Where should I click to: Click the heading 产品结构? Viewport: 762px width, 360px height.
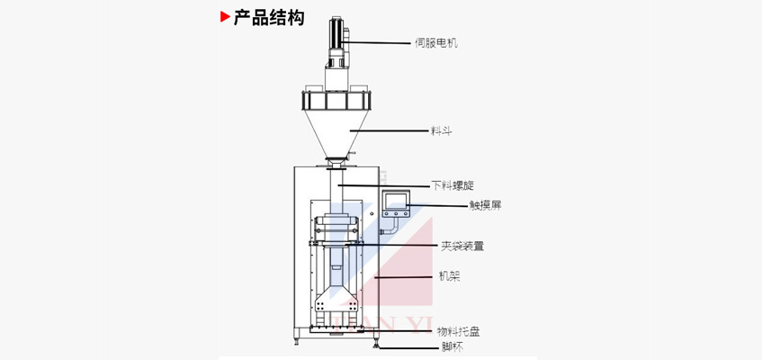(268, 18)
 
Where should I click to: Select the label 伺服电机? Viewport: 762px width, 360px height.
(435, 42)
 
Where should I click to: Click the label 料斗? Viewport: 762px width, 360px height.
(441, 130)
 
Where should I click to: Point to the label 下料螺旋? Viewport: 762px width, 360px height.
(449, 185)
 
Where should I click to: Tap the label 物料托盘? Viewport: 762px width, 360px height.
(458, 332)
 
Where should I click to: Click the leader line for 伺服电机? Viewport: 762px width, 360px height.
(378, 42)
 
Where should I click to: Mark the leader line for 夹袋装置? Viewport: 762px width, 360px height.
(396, 244)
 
